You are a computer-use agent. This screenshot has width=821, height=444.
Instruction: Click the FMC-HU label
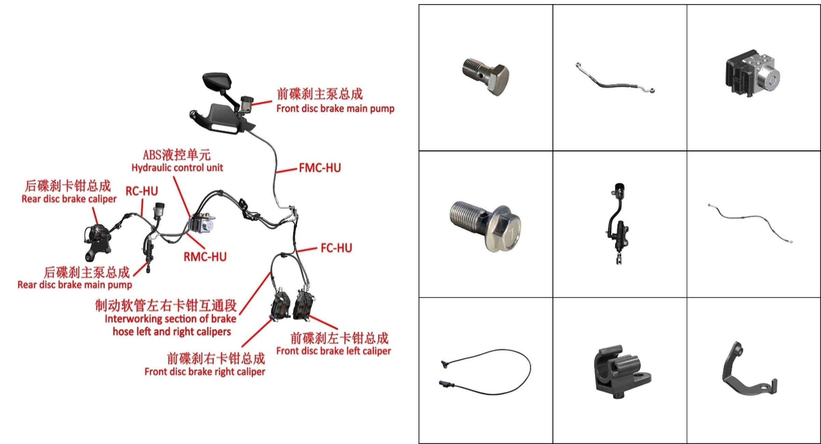click(x=320, y=168)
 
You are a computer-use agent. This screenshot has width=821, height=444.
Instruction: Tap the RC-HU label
click(x=142, y=191)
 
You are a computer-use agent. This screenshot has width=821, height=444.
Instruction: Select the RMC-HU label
click(x=205, y=257)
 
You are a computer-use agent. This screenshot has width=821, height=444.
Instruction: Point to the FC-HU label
click(x=336, y=248)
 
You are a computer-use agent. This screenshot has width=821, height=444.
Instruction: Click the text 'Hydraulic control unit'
click(x=177, y=168)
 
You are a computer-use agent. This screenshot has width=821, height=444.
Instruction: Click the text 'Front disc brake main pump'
click(x=335, y=109)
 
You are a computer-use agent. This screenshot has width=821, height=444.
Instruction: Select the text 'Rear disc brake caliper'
click(x=69, y=199)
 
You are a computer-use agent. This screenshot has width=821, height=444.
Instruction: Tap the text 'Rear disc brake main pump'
click(x=75, y=285)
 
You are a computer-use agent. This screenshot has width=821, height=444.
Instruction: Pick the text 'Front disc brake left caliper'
click(x=334, y=351)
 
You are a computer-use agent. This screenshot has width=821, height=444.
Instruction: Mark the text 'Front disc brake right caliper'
click(x=205, y=372)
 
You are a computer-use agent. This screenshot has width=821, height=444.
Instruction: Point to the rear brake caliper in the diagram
click(x=97, y=241)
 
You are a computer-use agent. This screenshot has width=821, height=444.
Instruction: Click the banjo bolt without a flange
click(x=486, y=76)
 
